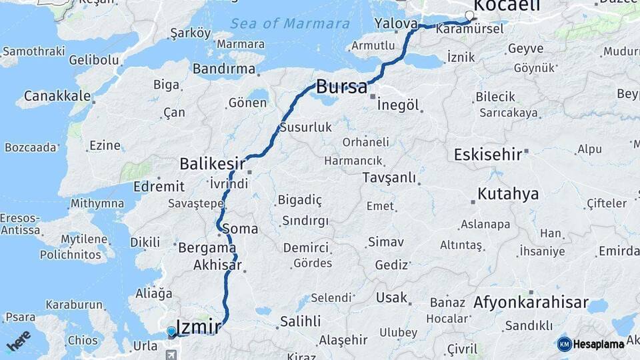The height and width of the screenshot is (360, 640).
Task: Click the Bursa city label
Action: tap(341, 86)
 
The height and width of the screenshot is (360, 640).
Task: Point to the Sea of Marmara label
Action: tap(290, 23)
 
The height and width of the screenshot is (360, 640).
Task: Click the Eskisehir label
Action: tap(487, 154)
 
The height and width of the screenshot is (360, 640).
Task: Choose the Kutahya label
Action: tap(507, 194)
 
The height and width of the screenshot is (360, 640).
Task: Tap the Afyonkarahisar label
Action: tap(531, 303)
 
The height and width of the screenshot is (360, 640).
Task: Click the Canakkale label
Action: tap(57, 96)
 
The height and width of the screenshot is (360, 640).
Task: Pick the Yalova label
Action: tap(396, 23)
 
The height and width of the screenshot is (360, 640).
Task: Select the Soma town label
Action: tap(240, 229)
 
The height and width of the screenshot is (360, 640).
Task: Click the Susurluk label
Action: tap(305, 127)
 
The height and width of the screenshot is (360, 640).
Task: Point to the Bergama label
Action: tap(207, 247)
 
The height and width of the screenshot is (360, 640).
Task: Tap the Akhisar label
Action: tap(217, 264)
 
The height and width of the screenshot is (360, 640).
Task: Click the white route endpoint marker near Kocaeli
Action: tap(469, 15)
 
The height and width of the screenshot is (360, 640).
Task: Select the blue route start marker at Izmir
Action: tap(171, 331)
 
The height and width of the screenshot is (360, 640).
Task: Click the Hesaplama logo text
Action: tap(599, 344)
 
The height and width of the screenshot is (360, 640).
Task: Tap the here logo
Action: tap(18, 340)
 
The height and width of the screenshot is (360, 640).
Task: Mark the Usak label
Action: tap(391, 297)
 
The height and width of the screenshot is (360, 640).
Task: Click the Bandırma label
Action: tap(224, 68)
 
